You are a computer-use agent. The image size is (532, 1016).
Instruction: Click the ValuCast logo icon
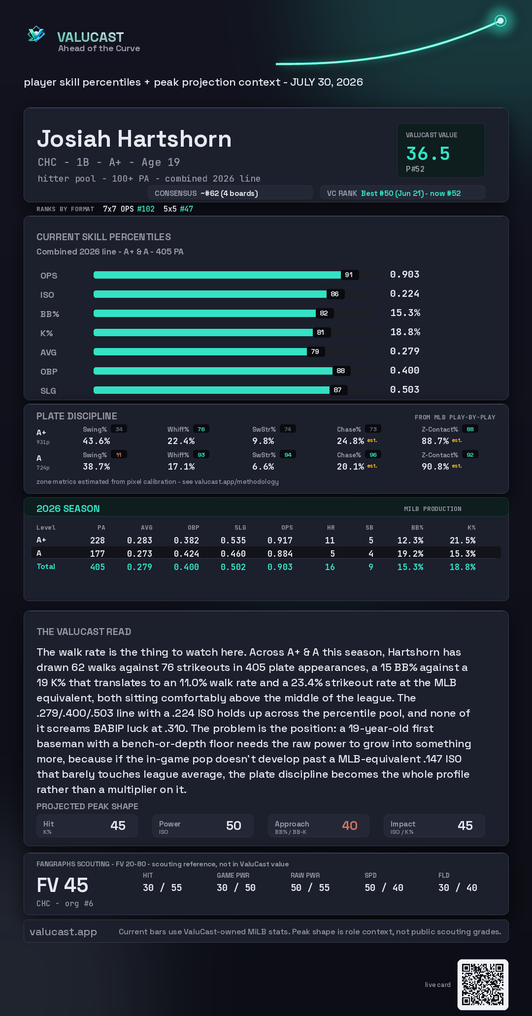(36, 34)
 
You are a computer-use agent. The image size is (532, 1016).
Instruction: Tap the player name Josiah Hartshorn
(134, 139)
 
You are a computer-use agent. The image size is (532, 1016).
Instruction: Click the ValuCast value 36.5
(428, 154)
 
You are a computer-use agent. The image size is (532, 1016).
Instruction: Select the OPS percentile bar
(217, 275)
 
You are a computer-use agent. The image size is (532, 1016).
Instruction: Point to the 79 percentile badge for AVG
(315, 351)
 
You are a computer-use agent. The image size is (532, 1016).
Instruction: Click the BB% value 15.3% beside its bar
(405, 313)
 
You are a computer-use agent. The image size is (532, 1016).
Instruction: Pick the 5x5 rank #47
(187, 209)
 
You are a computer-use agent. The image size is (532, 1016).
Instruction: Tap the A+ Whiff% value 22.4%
(181, 441)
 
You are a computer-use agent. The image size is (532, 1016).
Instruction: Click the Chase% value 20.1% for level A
(350, 467)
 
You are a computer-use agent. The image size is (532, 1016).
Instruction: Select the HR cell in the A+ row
(330, 540)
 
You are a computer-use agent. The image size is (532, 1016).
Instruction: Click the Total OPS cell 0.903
(280, 567)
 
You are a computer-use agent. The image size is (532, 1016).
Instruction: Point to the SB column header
(369, 528)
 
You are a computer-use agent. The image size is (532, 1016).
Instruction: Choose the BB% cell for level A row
(410, 554)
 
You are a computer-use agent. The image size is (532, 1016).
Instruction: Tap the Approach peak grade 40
(350, 825)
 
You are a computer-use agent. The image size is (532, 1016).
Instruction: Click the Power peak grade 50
(233, 825)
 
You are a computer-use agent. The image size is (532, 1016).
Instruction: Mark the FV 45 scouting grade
(63, 885)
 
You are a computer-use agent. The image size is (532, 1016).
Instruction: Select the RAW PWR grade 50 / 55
(310, 888)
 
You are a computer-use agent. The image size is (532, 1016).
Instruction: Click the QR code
(483, 984)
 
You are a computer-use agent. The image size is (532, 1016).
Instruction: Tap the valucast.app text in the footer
(63, 932)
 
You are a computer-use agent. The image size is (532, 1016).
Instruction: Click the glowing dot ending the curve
(500, 21)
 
